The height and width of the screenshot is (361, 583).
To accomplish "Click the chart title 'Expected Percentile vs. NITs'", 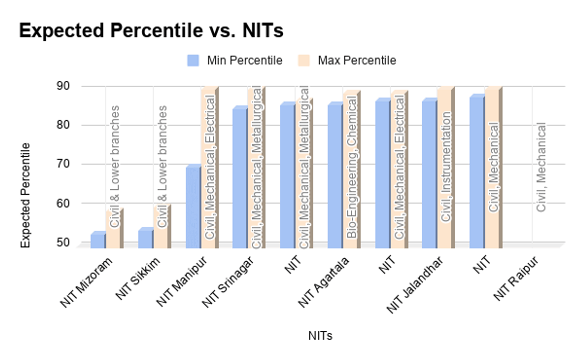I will click(151, 31).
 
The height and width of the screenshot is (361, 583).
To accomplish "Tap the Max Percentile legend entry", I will click(357, 60).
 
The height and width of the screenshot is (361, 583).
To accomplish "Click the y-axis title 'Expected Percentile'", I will click(25, 195).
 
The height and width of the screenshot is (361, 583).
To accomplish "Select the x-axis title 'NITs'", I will click(320, 336).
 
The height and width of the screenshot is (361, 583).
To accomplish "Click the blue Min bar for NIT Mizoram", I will click(97, 241).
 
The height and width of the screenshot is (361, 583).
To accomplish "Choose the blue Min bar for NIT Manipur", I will click(192, 207).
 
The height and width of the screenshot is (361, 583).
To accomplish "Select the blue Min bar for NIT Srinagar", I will click(240, 178).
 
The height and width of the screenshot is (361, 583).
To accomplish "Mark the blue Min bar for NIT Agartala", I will click(335, 176).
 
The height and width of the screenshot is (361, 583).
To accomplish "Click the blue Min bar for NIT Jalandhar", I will click(429, 174).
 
